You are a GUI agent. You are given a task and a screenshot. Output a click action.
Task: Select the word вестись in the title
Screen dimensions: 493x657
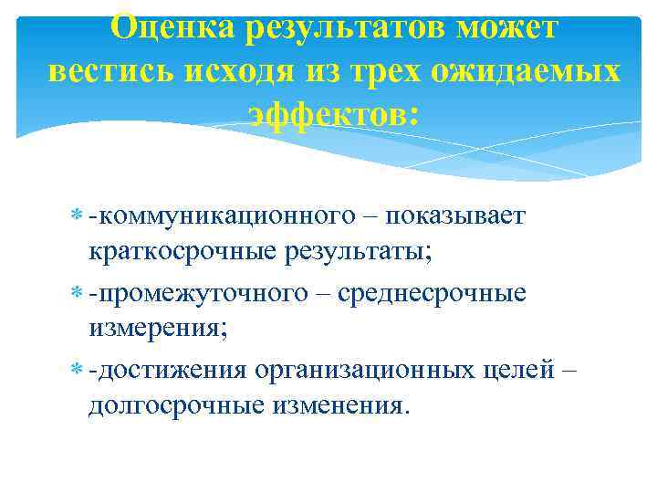(x=109, y=72)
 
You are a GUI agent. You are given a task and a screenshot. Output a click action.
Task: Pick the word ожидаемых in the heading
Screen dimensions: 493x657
(x=527, y=72)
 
